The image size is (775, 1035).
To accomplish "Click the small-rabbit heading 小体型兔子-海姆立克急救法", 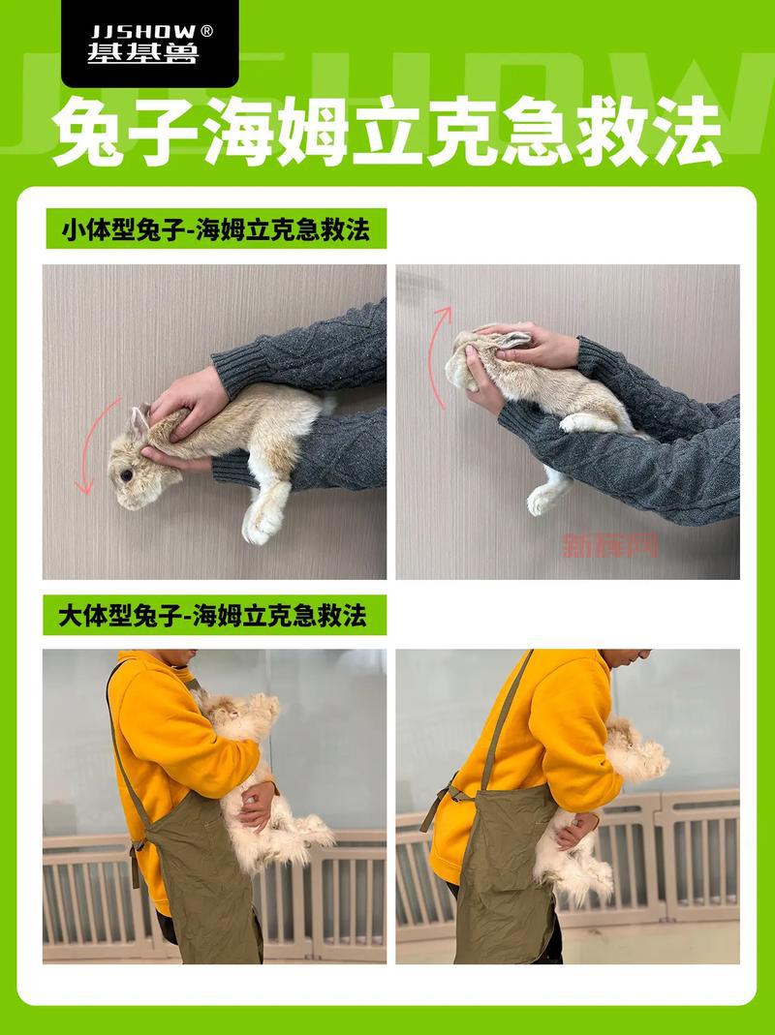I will click(215, 231).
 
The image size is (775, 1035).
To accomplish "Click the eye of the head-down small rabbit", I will click(127, 475).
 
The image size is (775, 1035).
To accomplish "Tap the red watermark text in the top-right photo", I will click(609, 545).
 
